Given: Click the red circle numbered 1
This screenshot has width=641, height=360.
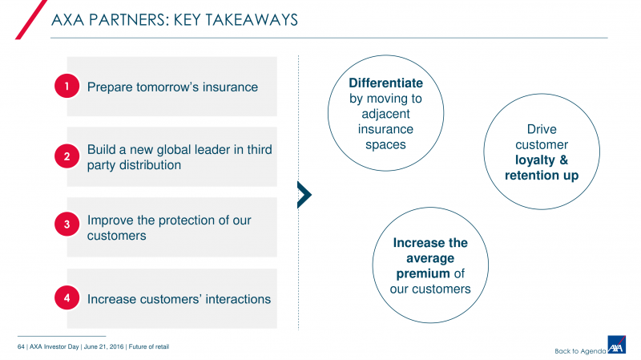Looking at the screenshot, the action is pos(67,86).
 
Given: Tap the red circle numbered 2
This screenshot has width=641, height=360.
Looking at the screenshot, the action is pos(67,156).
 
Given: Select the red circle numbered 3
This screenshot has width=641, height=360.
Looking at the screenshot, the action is pos(67,224).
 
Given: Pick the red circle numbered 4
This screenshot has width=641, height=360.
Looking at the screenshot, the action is pos(67,297).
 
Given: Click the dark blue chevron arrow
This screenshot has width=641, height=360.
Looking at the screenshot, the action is pos(304,195).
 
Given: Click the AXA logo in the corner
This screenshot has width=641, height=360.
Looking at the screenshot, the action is pos(616,345).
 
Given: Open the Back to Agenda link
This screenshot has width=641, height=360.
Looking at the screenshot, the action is pos(580,351).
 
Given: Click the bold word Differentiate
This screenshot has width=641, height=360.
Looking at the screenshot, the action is pos(385,83).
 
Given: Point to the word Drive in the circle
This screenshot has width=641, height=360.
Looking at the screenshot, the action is pos(542,129).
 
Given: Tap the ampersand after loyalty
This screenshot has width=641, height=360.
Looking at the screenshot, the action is pos(564,160).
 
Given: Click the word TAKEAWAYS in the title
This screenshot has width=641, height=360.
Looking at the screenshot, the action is pos(251,20).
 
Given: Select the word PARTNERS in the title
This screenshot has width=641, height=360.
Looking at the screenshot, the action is pos(129,20).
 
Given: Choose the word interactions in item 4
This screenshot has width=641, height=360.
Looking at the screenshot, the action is pos(238,299).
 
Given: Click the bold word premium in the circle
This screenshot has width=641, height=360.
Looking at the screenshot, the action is pos(423,273).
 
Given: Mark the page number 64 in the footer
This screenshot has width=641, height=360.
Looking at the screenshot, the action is pos(21,347).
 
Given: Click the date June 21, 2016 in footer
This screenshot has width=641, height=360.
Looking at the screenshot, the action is pos(103,347).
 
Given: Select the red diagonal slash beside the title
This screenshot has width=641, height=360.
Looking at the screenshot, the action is pos(31,19).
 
